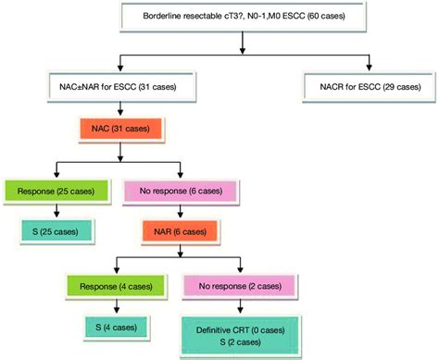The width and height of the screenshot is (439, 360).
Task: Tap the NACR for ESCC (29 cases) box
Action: pyautogui.click(x=370, y=87)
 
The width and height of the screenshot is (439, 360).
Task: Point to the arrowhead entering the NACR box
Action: pyautogui.click(x=370, y=71)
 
